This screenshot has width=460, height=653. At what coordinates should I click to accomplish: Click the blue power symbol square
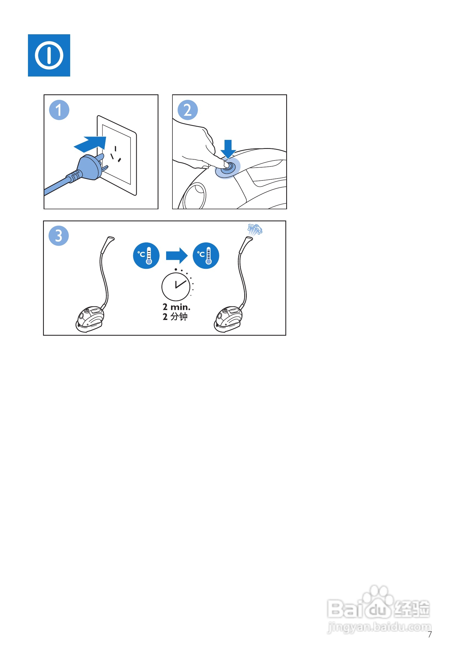pos(49,55)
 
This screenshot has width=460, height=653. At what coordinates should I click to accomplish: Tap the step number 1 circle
pos(59,110)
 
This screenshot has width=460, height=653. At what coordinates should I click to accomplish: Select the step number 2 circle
pos(188,110)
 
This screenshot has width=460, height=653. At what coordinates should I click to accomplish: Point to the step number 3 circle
pos(59,236)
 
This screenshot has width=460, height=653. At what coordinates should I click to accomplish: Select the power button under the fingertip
pos(228,168)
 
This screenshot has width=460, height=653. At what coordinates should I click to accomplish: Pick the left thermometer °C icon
pos(146,256)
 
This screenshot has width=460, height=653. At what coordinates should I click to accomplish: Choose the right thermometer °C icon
pos(206,256)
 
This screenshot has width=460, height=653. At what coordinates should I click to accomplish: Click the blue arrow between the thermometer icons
pos(177,256)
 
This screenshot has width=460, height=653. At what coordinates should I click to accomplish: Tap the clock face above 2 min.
pos(176,287)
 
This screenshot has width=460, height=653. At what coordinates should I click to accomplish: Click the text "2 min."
pos(176,307)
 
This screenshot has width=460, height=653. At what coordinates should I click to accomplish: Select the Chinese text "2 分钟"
pos(175,317)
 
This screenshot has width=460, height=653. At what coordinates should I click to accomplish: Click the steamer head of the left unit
pos(108,244)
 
